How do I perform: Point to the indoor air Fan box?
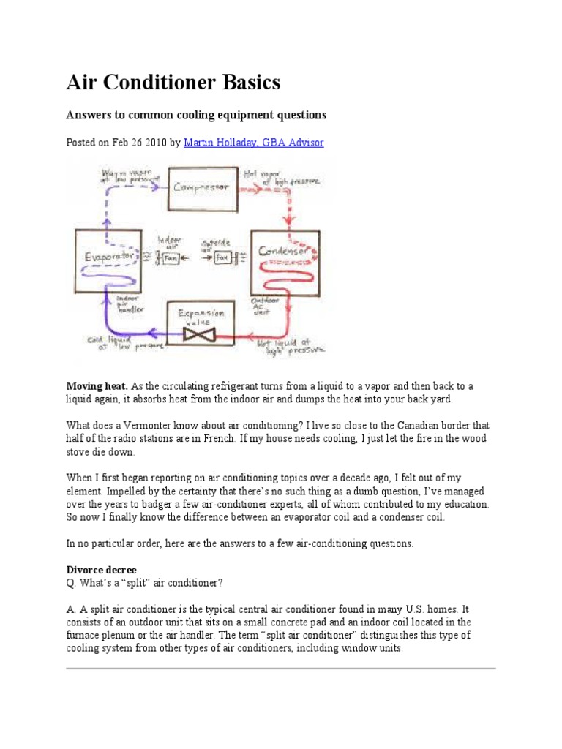point(170,259)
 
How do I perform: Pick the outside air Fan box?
point(222,259)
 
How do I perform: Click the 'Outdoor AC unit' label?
point(262,305)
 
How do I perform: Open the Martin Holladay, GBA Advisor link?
point(254,143)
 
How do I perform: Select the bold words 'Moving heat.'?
point(97,386)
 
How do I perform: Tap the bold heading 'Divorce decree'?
point(102,570)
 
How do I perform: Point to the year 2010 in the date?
point(154,143)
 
